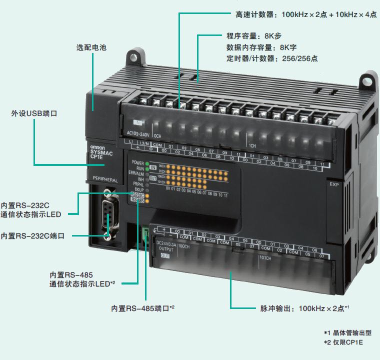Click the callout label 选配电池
click(x=91, y=47)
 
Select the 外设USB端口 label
click(x=34, y=114)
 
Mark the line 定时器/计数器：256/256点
click(x=272, y=58)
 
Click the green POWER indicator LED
click(x=147, y=162)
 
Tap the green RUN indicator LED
click(x=147, y=167)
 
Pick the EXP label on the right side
click(x=333, y=184)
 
